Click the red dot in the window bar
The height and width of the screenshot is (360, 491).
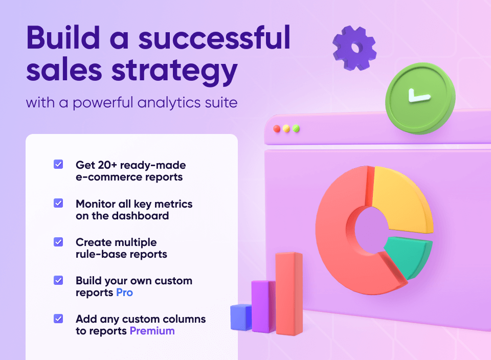(277, 129)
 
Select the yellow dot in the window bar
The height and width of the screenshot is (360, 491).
(286, 129)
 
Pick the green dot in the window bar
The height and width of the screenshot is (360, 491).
(296, 129)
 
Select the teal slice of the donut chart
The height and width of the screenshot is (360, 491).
(407, 256)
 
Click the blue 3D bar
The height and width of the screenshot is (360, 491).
(240, 317)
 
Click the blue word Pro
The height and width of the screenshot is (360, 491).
(124, 292)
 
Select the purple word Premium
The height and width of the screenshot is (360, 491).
(152, 331)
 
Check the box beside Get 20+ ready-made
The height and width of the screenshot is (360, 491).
(58, 165)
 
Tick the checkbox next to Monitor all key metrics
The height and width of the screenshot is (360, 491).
(58, 203)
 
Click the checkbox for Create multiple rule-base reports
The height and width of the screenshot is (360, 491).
(58, 242)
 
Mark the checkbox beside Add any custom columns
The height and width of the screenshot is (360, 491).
(58, 319)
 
